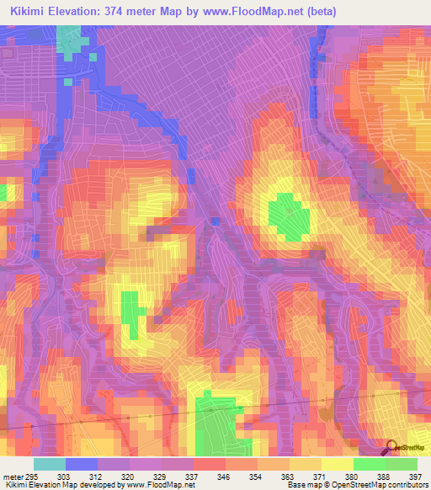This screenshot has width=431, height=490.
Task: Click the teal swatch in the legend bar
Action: click(50, 464)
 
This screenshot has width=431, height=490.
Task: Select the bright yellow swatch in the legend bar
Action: click(338, 464)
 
